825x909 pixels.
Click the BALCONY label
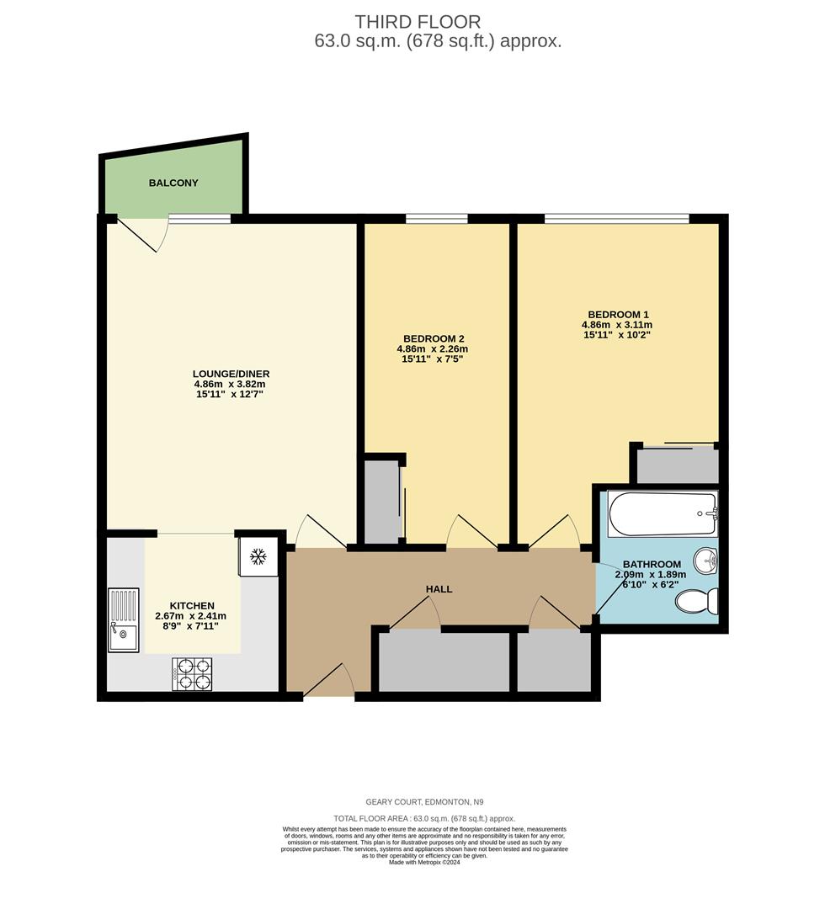click(173, 183)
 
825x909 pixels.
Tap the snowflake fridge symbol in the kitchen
click(259, 557)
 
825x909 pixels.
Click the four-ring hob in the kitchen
click(192, 674)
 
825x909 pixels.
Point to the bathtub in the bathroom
click(663, 514)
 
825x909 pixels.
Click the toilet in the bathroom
click(698, 602)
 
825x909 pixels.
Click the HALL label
click(439, 589)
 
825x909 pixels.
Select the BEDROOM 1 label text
click(617, 313)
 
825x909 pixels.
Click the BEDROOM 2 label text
click(432, 338)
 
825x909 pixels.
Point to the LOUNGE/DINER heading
click(231, 374)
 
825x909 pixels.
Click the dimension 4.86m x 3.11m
click(617, 324)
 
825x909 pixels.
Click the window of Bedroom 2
click(436, 219)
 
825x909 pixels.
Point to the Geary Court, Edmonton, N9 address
click(423, 802)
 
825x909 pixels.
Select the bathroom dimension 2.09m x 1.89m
click(651, 575)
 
